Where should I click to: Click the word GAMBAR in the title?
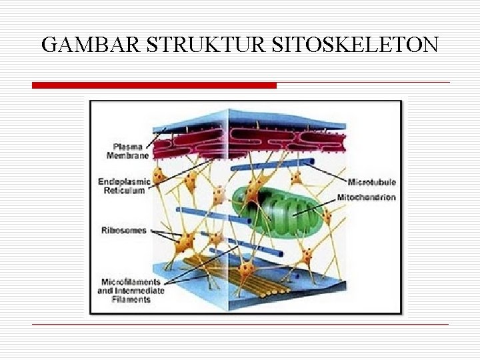[x=91, y=45]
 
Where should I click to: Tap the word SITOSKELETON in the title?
[x=355, y=45]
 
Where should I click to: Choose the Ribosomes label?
[x=123, y=231]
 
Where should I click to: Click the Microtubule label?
[x=372, y=182]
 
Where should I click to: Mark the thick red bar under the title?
[x=154, y=85]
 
